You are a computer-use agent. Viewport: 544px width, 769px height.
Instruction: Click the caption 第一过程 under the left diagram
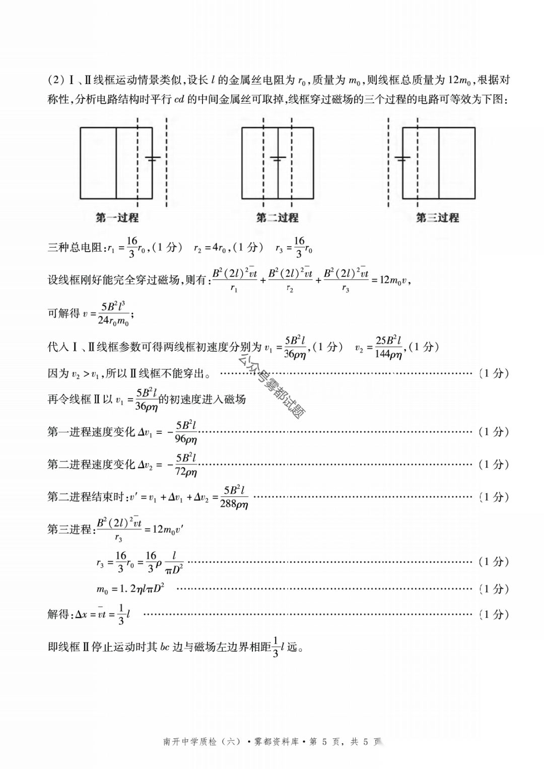click(117, 218)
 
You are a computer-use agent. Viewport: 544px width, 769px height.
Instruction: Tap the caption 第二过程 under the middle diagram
click(277, 218)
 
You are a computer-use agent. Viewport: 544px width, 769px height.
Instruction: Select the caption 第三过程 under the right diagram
click(437, 218)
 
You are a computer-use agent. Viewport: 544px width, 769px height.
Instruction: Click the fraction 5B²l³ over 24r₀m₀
click(113, 314)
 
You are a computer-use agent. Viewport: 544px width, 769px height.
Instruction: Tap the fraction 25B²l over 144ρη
click(388, 347)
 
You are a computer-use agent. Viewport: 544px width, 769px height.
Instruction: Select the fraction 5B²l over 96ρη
click(186, 432)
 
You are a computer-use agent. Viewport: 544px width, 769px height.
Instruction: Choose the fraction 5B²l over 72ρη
click(186, 465)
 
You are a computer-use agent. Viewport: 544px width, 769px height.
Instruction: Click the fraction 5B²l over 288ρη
click(234, 497)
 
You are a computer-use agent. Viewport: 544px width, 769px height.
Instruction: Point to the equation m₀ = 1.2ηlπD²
click(130, 588)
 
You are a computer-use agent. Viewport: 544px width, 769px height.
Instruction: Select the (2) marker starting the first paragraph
click(56, 80)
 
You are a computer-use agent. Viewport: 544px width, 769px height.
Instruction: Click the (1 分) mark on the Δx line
click(494, 614)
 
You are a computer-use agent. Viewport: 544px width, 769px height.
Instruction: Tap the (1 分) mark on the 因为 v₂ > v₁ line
click(494, 373)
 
